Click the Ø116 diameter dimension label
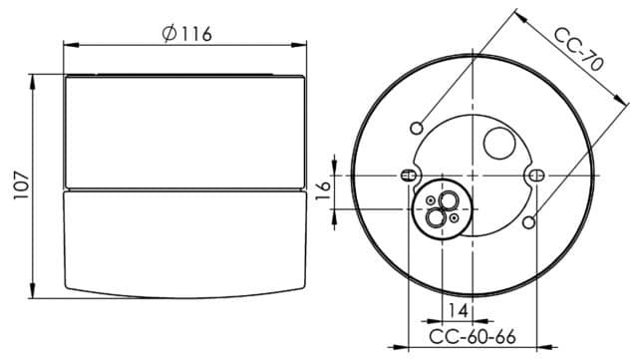point(186,34)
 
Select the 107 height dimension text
point(21,185)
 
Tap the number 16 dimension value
point(324,190)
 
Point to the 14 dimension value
point(458,311)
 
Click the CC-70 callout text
point(578,50)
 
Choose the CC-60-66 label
point(473,337)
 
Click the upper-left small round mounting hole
point(417,129)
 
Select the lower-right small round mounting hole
point(529,222)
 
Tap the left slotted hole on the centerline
point(408,176)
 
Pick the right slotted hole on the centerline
point(537,176)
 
